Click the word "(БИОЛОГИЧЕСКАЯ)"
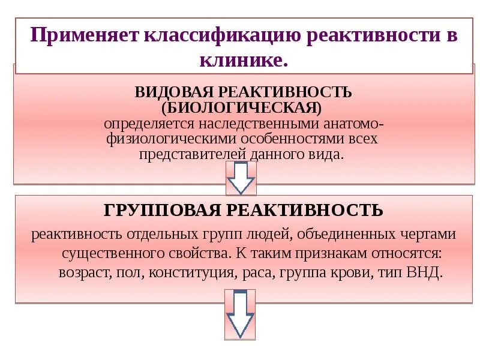pyautogui.click(x=242, y=109)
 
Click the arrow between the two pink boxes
pyautogui.click(x=241, y=178)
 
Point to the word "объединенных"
pyautogui.click(x=326, y=233)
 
